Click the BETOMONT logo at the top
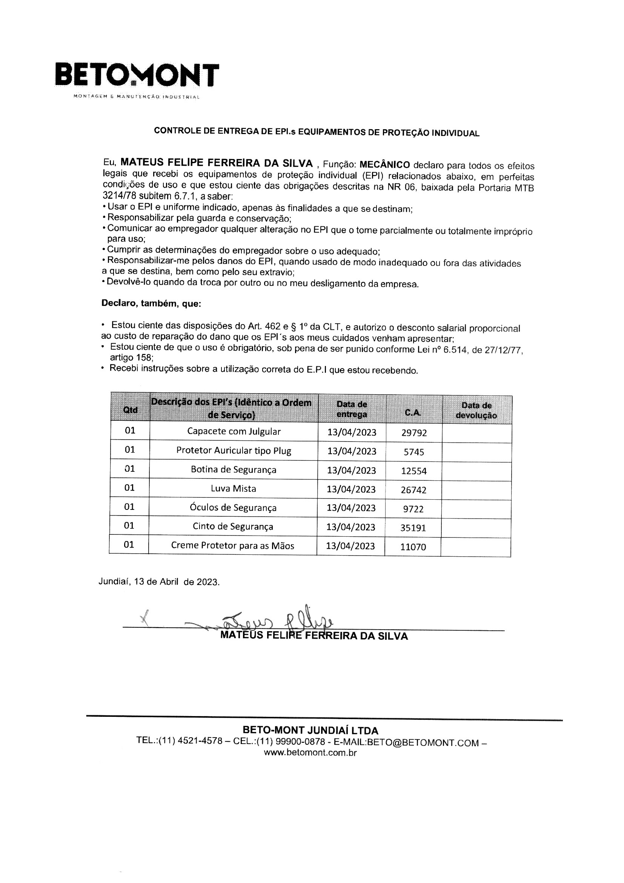coord(137,76)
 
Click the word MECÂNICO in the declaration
coord(384,165)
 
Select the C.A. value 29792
coord(414,433)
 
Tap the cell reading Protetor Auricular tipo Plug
coord(234,451)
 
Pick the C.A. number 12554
coord(414,471)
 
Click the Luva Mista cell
coord(233,488)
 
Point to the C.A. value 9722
coord(413,509)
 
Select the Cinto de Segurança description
coord(233,526)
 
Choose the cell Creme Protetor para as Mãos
coord(232,545)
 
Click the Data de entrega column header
coord(352,409)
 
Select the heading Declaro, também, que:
coord(151,303)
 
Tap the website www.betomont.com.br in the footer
coord(310,753)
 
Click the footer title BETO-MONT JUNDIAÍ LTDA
coord(310,730)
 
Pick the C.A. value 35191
coord(413,528)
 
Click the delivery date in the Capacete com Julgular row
coord(352,432)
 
